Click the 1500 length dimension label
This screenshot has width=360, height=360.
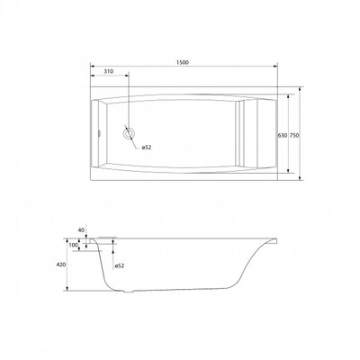coord(182,63)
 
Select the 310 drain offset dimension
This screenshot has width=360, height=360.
coord(108,71)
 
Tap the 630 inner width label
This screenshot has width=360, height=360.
coord(283,135)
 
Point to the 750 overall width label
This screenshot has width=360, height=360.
coord(294,135)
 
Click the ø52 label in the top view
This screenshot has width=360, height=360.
coord(146,148)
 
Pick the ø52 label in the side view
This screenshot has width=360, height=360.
coord(120,265)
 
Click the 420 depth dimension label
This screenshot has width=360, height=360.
coord(61,265)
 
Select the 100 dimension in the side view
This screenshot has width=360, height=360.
coord(73,245)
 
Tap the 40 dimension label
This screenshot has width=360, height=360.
coord(81,230)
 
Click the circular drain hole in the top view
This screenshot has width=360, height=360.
coord(129,133)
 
